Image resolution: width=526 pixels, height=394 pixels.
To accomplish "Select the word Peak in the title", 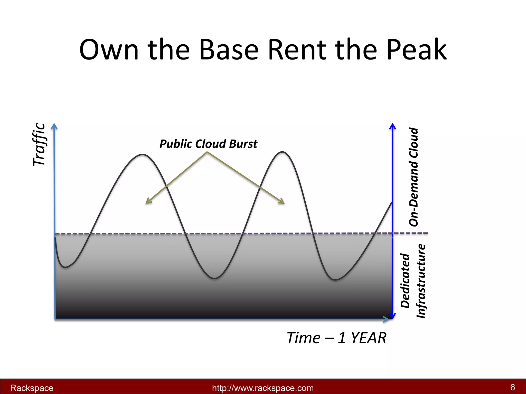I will [x=416, y=50].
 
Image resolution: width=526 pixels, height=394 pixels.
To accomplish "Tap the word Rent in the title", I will [x=297, y=50].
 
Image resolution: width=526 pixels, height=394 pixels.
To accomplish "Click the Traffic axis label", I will [x=39, y=144].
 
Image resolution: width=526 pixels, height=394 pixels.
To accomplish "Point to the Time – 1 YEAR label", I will [x=336, y=338].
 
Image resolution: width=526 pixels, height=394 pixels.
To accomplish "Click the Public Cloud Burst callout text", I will [x=208, y=144].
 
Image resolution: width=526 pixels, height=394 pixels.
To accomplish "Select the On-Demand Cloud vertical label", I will [x=414, y=177].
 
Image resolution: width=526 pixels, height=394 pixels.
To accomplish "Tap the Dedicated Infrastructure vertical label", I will [x=413, y=281].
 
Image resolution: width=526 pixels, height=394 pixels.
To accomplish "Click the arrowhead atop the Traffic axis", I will [x=54, y=126].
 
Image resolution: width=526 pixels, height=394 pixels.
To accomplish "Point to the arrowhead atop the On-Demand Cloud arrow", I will [x=392, y=126].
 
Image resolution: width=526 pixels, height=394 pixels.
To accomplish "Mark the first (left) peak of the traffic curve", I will [x=143, y=154].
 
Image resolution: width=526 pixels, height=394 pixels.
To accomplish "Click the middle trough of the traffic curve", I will [x=214, y=278].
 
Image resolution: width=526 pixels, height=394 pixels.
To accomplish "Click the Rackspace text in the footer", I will [x=32, y=388].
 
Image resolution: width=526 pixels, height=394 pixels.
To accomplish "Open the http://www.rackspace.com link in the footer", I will [x=263, y=388].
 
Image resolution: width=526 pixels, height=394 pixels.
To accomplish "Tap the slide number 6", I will [x=512, y=387].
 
